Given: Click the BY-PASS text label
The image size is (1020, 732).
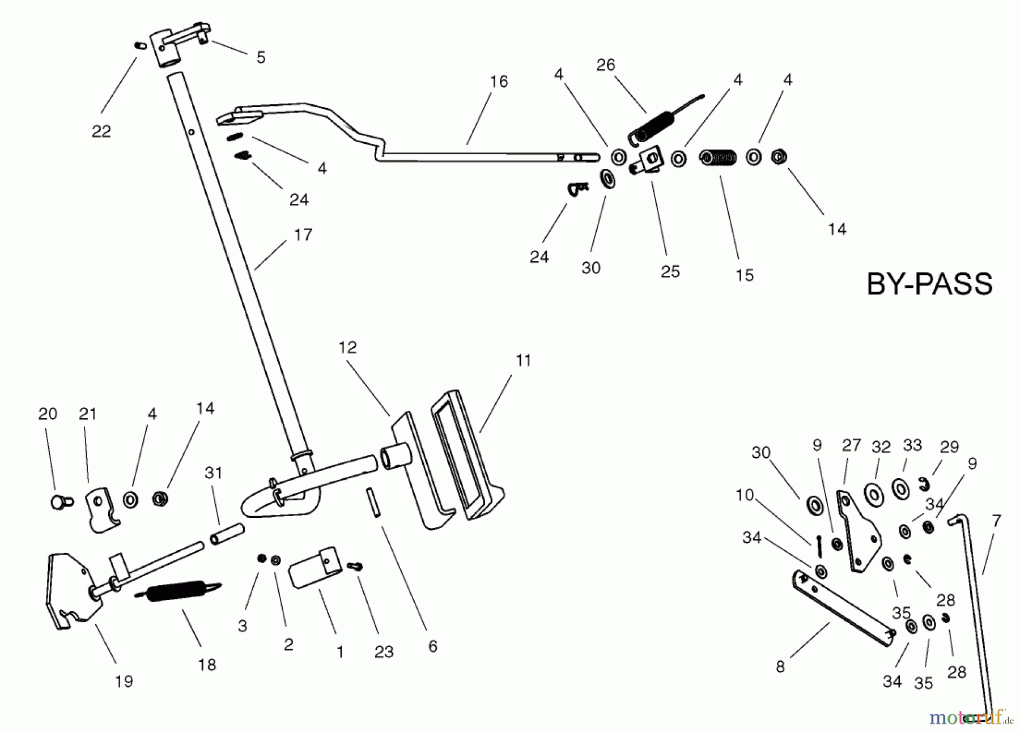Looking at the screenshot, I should pos(929,284).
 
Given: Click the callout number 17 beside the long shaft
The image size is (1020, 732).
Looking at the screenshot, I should pos(303,235).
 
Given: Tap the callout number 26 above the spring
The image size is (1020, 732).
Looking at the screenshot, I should pos(605,65).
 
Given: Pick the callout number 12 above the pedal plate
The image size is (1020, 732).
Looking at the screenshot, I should pos(347,347).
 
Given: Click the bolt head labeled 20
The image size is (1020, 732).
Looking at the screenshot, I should pos(58,501).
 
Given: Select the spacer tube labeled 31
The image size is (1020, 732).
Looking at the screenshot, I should pos(227,534).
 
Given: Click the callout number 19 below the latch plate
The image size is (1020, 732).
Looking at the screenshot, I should pos(124,681).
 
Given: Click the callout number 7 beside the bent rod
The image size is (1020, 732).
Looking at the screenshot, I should pos(996,520).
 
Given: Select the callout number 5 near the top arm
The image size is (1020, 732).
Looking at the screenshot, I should pos(261,57).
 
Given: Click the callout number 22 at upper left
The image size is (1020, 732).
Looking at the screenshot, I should pos(101,131).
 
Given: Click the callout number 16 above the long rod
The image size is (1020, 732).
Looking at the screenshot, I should pos(499,82).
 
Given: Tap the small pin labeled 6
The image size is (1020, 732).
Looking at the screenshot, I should pos(372,502).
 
